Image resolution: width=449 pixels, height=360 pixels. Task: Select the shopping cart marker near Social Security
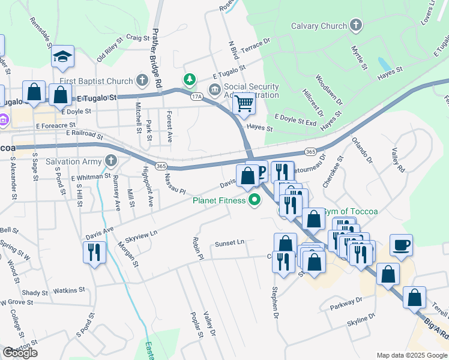pos(244,104)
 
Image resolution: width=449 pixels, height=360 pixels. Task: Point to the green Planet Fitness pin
pos(255,201)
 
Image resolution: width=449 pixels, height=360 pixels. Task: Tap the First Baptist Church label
pos(96,81)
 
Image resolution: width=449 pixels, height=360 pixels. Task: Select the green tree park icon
pos(190,79)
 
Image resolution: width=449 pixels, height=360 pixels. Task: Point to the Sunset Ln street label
pos(231,243)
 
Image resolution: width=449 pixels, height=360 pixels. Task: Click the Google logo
pos(20,353)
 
